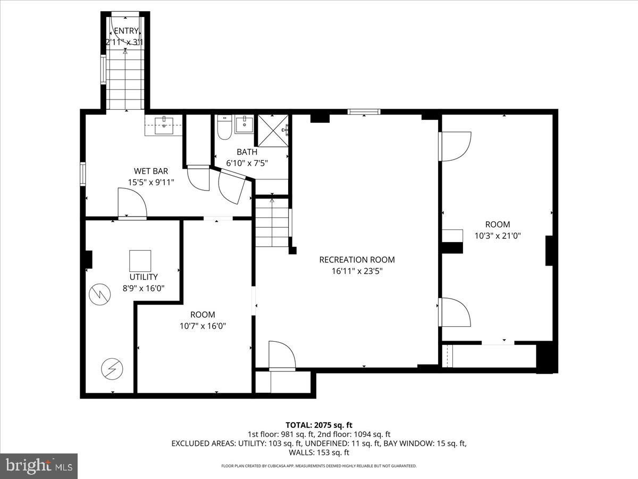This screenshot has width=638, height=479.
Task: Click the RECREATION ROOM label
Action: [357, 260]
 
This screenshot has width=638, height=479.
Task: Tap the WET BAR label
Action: [151, 171]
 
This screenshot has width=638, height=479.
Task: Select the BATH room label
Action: [247, 152]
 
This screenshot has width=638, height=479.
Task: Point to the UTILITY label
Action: [144, 277]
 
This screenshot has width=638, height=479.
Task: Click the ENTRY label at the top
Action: [125, 31]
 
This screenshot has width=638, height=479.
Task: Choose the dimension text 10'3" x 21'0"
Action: [497, 235]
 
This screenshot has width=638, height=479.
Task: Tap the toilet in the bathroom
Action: [223, 129]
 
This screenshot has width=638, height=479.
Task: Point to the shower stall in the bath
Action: [272, 130]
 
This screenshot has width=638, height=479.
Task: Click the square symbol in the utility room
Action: [140, 261]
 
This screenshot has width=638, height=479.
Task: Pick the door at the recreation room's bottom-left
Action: [282, 356]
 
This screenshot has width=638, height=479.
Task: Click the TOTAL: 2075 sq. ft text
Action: [319, 425]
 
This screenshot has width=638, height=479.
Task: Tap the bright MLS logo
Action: [39, 466]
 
